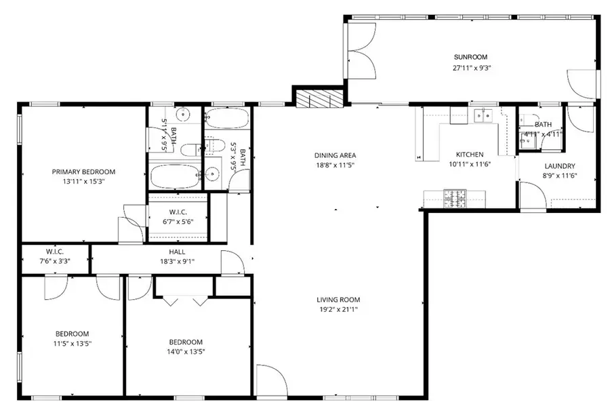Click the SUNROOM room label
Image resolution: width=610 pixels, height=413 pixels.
pos(470,58)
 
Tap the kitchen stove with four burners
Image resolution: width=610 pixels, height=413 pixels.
pos(454,198)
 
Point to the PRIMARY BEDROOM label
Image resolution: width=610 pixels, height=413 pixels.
pos(83,172)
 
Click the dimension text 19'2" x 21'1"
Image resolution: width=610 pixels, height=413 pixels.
pos(338,309)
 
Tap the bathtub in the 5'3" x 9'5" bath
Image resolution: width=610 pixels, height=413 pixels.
pos(227,118)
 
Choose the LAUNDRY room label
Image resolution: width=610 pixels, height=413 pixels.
pos(560,166)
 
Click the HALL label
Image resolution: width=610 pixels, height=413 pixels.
pos(178,252)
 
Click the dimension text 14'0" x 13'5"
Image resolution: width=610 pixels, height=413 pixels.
pos(186,351)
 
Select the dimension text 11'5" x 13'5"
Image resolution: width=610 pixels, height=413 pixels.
pos(73,344)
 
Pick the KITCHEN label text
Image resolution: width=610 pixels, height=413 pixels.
pos(469,155)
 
